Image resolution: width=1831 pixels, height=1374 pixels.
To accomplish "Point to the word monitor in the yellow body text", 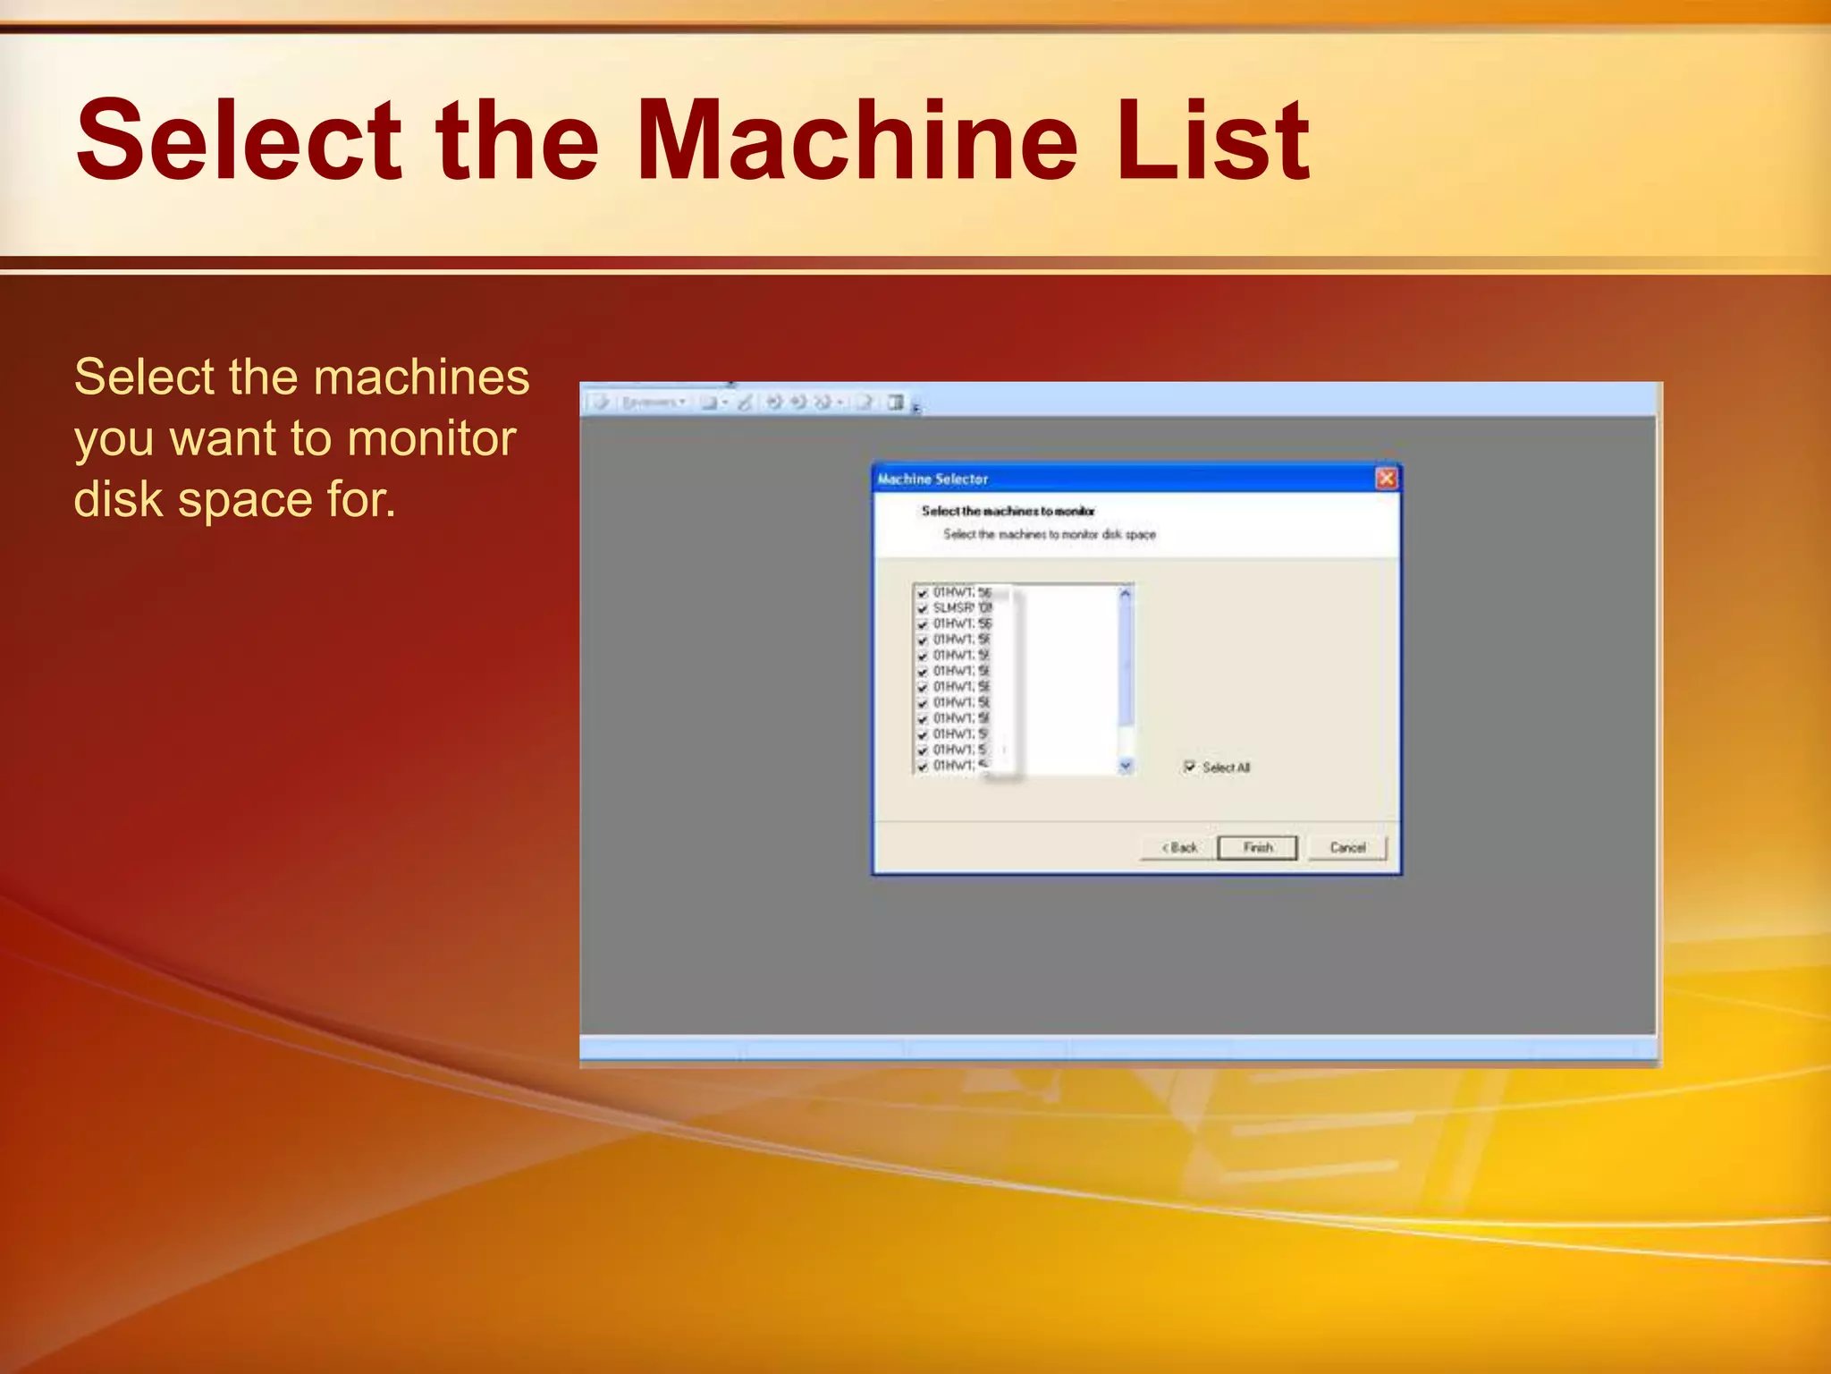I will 432,438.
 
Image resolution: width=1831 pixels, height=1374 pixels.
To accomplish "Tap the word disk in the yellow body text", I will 119,499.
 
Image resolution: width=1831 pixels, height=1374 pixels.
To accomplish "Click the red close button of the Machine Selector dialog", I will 1386,479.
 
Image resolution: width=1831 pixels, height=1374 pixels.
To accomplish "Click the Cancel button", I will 1347,847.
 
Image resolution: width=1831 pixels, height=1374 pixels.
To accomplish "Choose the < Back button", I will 1179,847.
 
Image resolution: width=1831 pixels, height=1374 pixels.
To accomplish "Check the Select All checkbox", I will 1190,767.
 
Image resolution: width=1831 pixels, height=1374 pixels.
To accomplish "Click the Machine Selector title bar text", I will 932,479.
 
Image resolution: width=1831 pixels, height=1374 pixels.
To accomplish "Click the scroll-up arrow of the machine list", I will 1126,593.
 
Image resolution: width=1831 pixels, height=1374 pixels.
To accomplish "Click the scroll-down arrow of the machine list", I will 1126,766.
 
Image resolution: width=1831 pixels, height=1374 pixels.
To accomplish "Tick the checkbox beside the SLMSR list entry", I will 923,608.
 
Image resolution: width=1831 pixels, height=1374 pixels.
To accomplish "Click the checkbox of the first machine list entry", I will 923,593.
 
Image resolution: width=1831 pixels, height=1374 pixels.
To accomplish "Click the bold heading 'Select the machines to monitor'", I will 1008,511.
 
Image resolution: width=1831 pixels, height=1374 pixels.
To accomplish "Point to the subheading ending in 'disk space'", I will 1050,534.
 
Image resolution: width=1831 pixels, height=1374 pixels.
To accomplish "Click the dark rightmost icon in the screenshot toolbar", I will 896,403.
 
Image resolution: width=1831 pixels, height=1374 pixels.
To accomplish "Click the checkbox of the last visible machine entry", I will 923,767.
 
